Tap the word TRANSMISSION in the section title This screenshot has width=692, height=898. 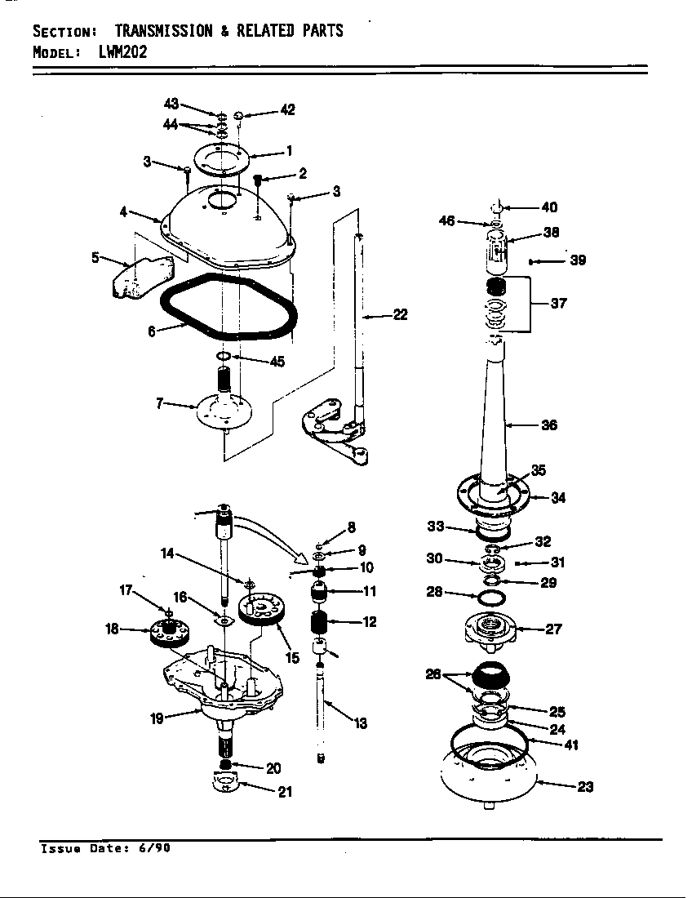pos(159,31)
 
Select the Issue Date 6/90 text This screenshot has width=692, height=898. pos(105,847)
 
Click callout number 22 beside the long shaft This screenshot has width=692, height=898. pos(400,315)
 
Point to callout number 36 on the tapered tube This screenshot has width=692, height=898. pos(549,425)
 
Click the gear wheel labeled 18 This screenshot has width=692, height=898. pos(168,632)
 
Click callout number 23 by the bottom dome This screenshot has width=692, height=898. pos(585,787)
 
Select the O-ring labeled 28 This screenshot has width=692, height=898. pos(490,598)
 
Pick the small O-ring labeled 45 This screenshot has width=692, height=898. pos(224,357)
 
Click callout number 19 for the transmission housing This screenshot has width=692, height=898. pos(157,718)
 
